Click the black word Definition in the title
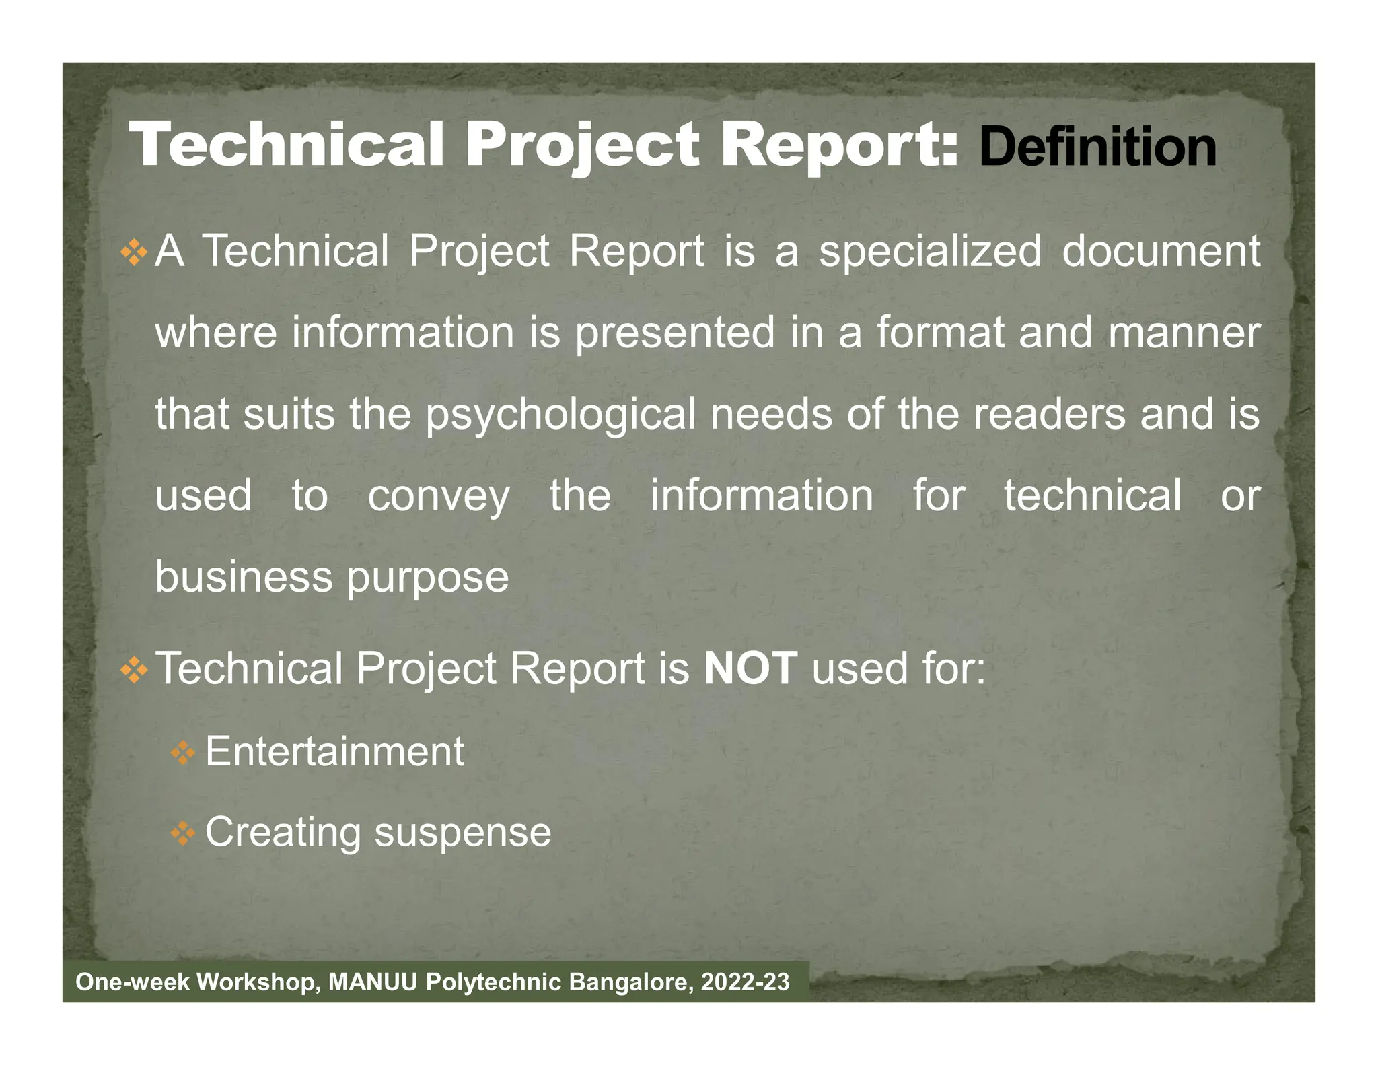pyautogui.click(x=1097, y=147)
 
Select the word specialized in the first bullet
pyautogui.click(x=930, y=252)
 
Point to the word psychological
pyautogui.click(x=561, y=415)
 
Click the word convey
pyautogui.click(x=439, y=497)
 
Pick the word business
pyautogui.click(x=244, y=577)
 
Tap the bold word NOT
pyautogui.click(x=750, y=668)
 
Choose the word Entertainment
pyautogui.click(x=334, y=751)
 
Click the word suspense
pyautogui.click(x=463, y=832)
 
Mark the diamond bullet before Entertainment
pyautogui.click(x=182, y=753)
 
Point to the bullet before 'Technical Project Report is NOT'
pyautogui.click(x=134, y=670)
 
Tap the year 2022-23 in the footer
pyautogui.click(x=746, y=982)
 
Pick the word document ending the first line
pyautogui.click(x=1161, y=251)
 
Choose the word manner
pyautogui.click(x=1184, y=333)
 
